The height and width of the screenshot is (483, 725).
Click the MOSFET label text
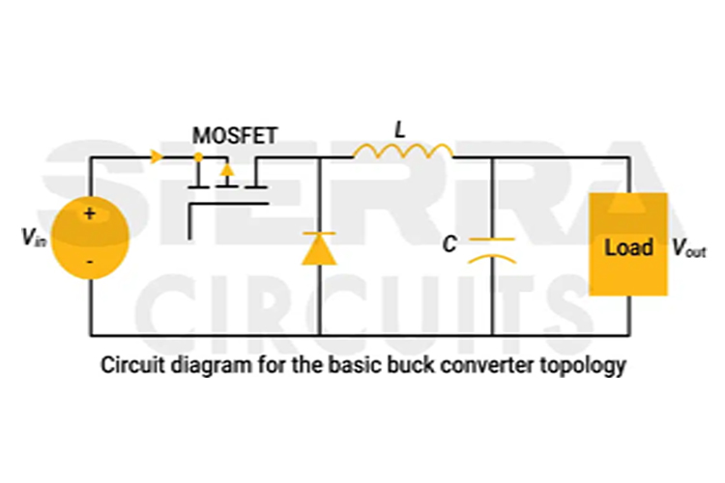click(x=234, y=136)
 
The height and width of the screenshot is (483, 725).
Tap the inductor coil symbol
click(x=403, y=152)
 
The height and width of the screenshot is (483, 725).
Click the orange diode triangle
click(x=318, y=249)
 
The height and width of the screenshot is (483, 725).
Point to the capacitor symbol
click(x=492, y=248)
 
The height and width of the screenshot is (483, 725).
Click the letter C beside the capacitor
click(x=449, y=245)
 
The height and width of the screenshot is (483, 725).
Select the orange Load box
click(x=628, y=244)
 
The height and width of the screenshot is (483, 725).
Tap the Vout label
click(x=689, y=247)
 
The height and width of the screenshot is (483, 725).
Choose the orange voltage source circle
click(x=90, y=239)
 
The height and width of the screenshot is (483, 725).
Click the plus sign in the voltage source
click(x=89, y=214)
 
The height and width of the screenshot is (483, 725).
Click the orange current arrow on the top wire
click(x=155, y=156)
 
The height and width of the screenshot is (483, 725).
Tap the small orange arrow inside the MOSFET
click(x=226, y=171)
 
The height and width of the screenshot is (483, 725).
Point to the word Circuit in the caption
click(x=127, y=367)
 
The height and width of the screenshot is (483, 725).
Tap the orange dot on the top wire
click(x=197, y=156)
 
